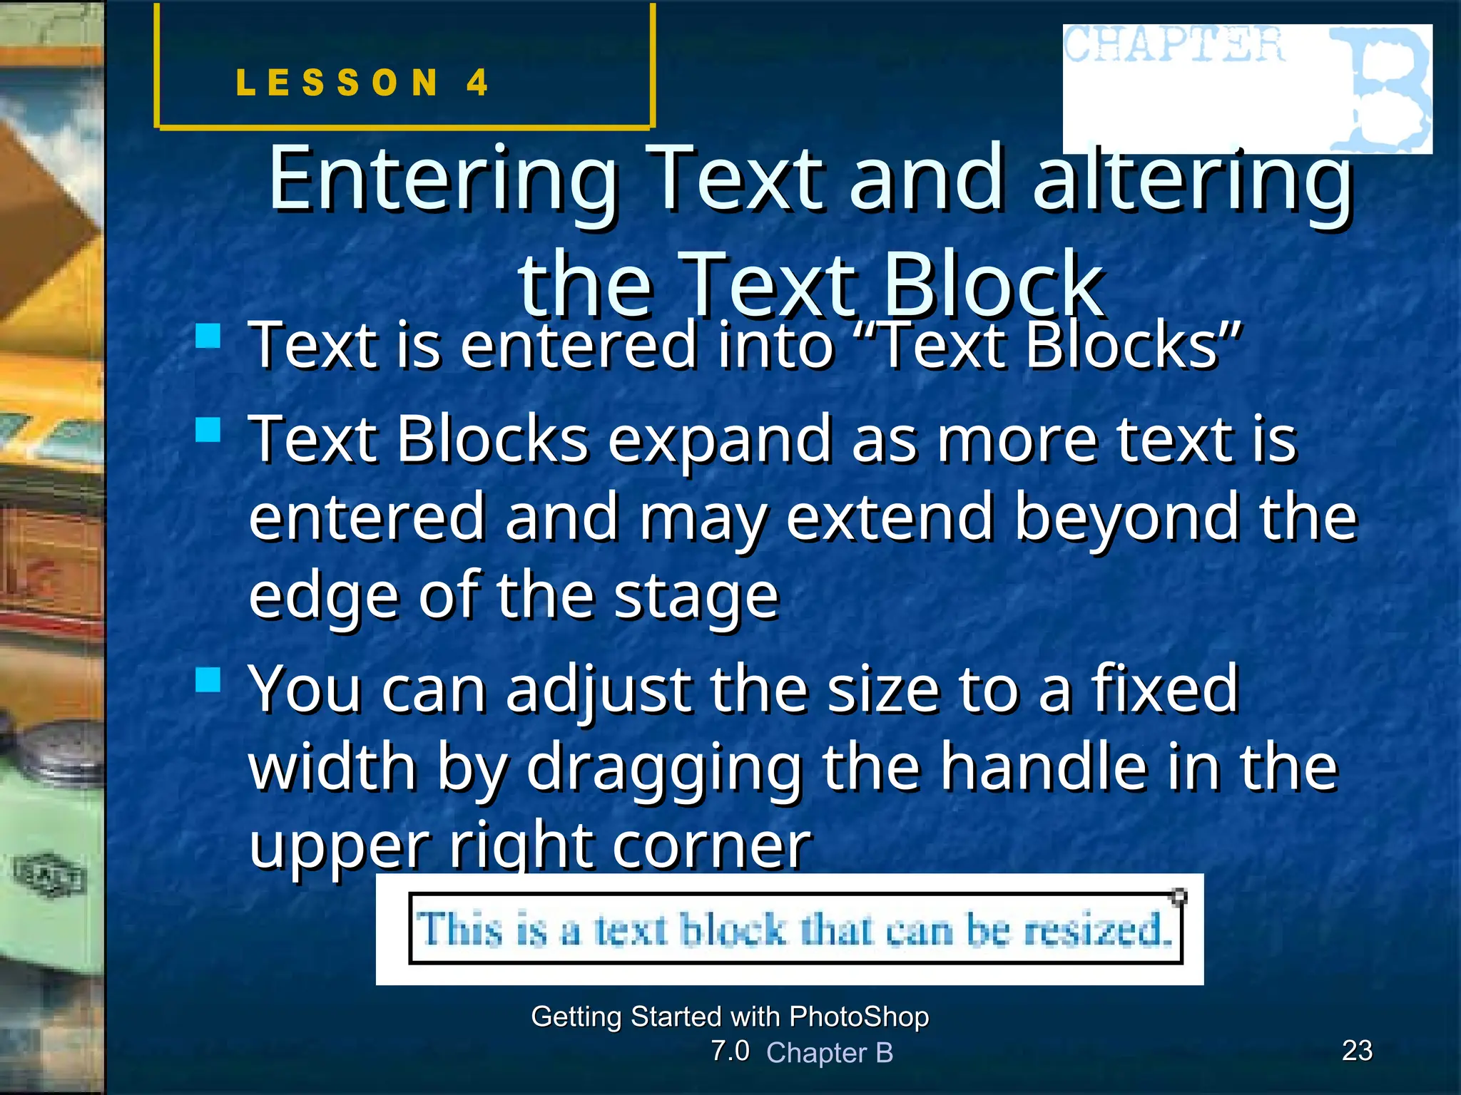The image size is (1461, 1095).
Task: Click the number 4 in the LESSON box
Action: [477, 83]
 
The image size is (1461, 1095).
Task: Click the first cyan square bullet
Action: [208, 336]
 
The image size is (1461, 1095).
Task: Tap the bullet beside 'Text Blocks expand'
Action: [208, 430]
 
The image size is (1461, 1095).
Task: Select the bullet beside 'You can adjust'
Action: [208, 679]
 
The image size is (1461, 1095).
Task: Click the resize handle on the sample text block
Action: [1179, 895]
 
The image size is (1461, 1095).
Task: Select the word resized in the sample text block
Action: [1097, 930]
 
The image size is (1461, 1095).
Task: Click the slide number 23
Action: [1357, 1051]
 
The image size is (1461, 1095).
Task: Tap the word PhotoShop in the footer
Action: [859, 1017]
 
